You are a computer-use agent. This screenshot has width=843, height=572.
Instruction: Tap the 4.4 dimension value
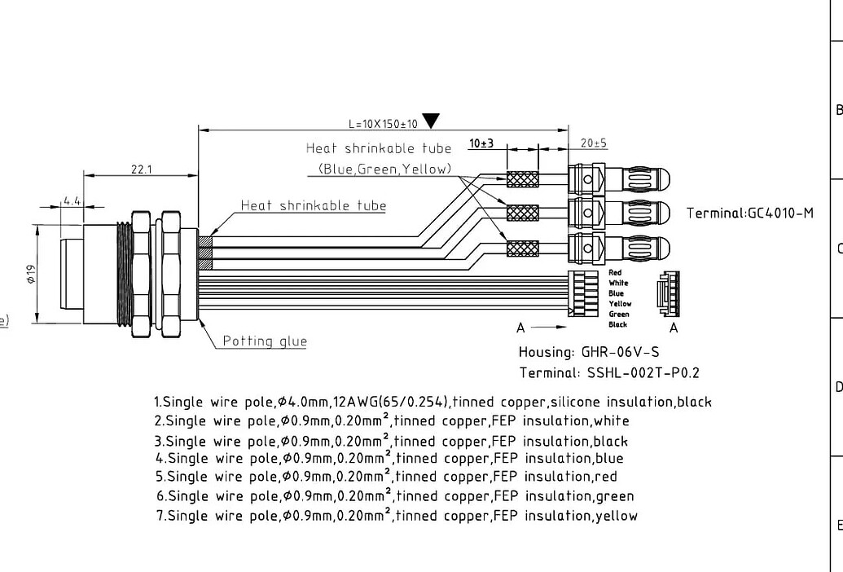(72, 200)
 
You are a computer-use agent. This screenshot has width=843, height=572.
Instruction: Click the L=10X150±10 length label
(383, 124)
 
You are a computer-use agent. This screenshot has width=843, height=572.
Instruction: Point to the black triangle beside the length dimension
(431, 121)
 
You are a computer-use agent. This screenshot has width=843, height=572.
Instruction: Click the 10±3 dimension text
(481, 143)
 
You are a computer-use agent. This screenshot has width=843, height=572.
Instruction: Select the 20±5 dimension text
(593, 143)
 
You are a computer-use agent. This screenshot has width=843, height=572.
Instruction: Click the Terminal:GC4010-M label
(749, 213)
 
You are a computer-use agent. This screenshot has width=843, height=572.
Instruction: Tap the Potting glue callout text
(265, 341)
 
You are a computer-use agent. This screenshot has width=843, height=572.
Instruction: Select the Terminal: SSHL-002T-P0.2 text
(609, 373)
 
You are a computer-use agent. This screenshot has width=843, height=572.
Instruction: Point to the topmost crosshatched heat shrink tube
(523, 179)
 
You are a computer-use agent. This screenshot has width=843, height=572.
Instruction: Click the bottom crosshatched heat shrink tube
(523, 248)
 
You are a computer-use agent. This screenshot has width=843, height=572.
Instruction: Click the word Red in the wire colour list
(615, 272)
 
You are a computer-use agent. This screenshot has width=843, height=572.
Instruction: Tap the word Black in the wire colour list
(617, 324)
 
